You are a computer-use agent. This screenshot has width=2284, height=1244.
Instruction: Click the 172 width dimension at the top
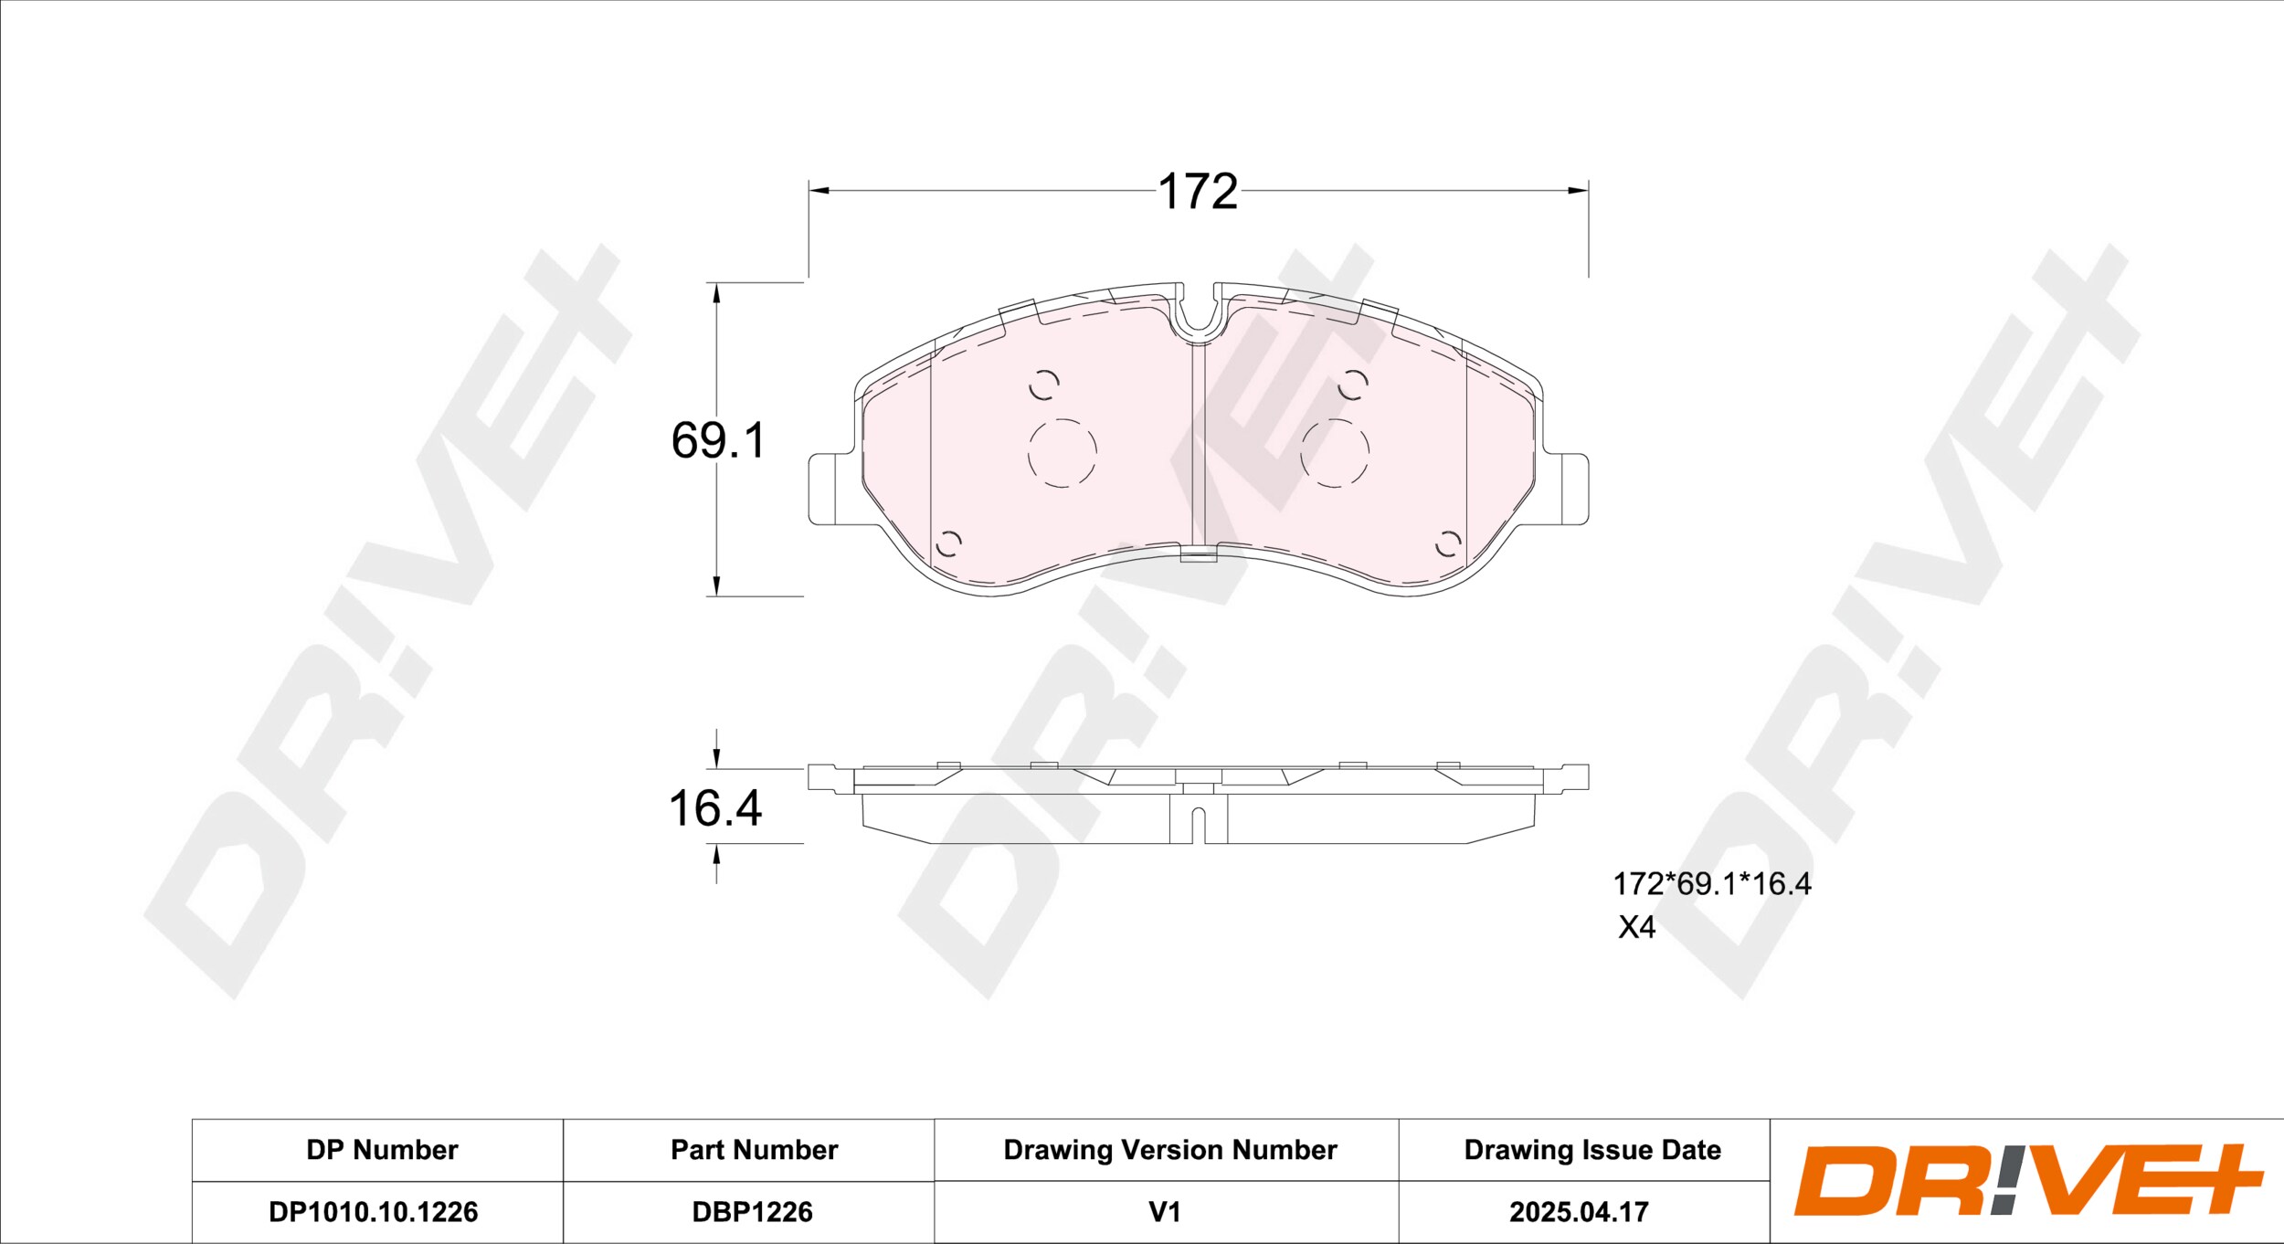click(x=1198, y=192)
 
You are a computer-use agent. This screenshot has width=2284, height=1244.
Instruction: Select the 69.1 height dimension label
click(x=718, y=440)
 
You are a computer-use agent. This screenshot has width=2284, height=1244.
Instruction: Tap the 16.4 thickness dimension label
click(x=715, y=808)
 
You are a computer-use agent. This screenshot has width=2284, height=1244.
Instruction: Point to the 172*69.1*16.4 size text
click(x=1711, y=884)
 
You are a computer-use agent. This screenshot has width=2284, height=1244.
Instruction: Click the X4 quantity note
click(x=1637, y=928)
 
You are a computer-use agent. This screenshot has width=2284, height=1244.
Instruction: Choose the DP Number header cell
click(x=382, y=1150)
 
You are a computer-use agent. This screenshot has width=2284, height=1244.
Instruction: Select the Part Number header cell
click(x=754, y=1150)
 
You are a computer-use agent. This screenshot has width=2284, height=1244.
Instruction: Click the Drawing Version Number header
click(x=1170, y=1150)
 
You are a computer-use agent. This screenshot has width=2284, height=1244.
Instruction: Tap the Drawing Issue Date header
click(x=1592, y=1150)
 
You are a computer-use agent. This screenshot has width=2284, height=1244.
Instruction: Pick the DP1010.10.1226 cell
click(x=374, y=1212)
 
